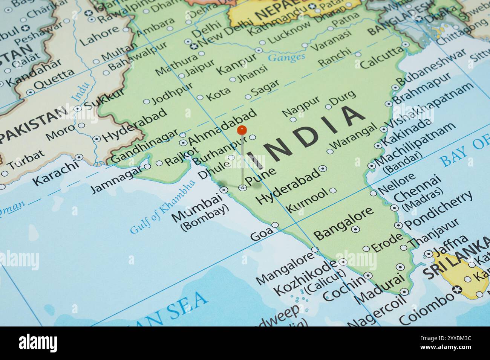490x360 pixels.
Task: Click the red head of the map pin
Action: tap(242, 130)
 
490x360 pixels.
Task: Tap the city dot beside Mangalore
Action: tap(315, 249)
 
